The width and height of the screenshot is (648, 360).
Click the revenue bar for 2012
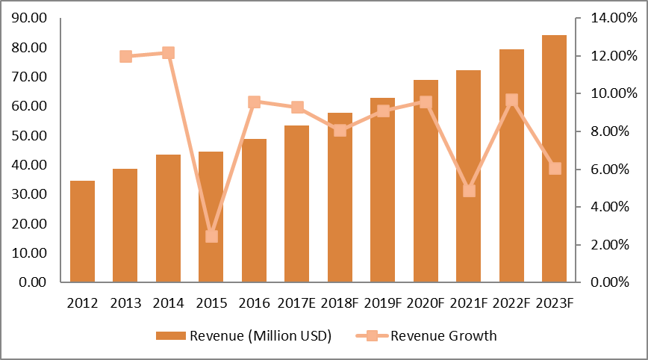click(82, 232)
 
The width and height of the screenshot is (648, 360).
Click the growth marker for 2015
click(211, 236)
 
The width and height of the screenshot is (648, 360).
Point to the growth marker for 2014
click(168, 53)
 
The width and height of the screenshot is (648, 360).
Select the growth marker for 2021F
click(469, 190)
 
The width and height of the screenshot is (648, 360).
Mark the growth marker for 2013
click(125, 57)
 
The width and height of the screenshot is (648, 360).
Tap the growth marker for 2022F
click(511, 100)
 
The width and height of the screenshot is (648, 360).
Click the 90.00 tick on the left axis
click(28, 18)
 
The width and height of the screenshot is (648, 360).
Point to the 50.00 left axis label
click(28, 136)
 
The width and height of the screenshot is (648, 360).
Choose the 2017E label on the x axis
click(296, 302)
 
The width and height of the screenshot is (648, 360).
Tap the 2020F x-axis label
click(426, 302)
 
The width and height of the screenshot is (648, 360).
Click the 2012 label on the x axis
click(81, 302)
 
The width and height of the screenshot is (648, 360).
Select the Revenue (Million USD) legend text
click(261, 335)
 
